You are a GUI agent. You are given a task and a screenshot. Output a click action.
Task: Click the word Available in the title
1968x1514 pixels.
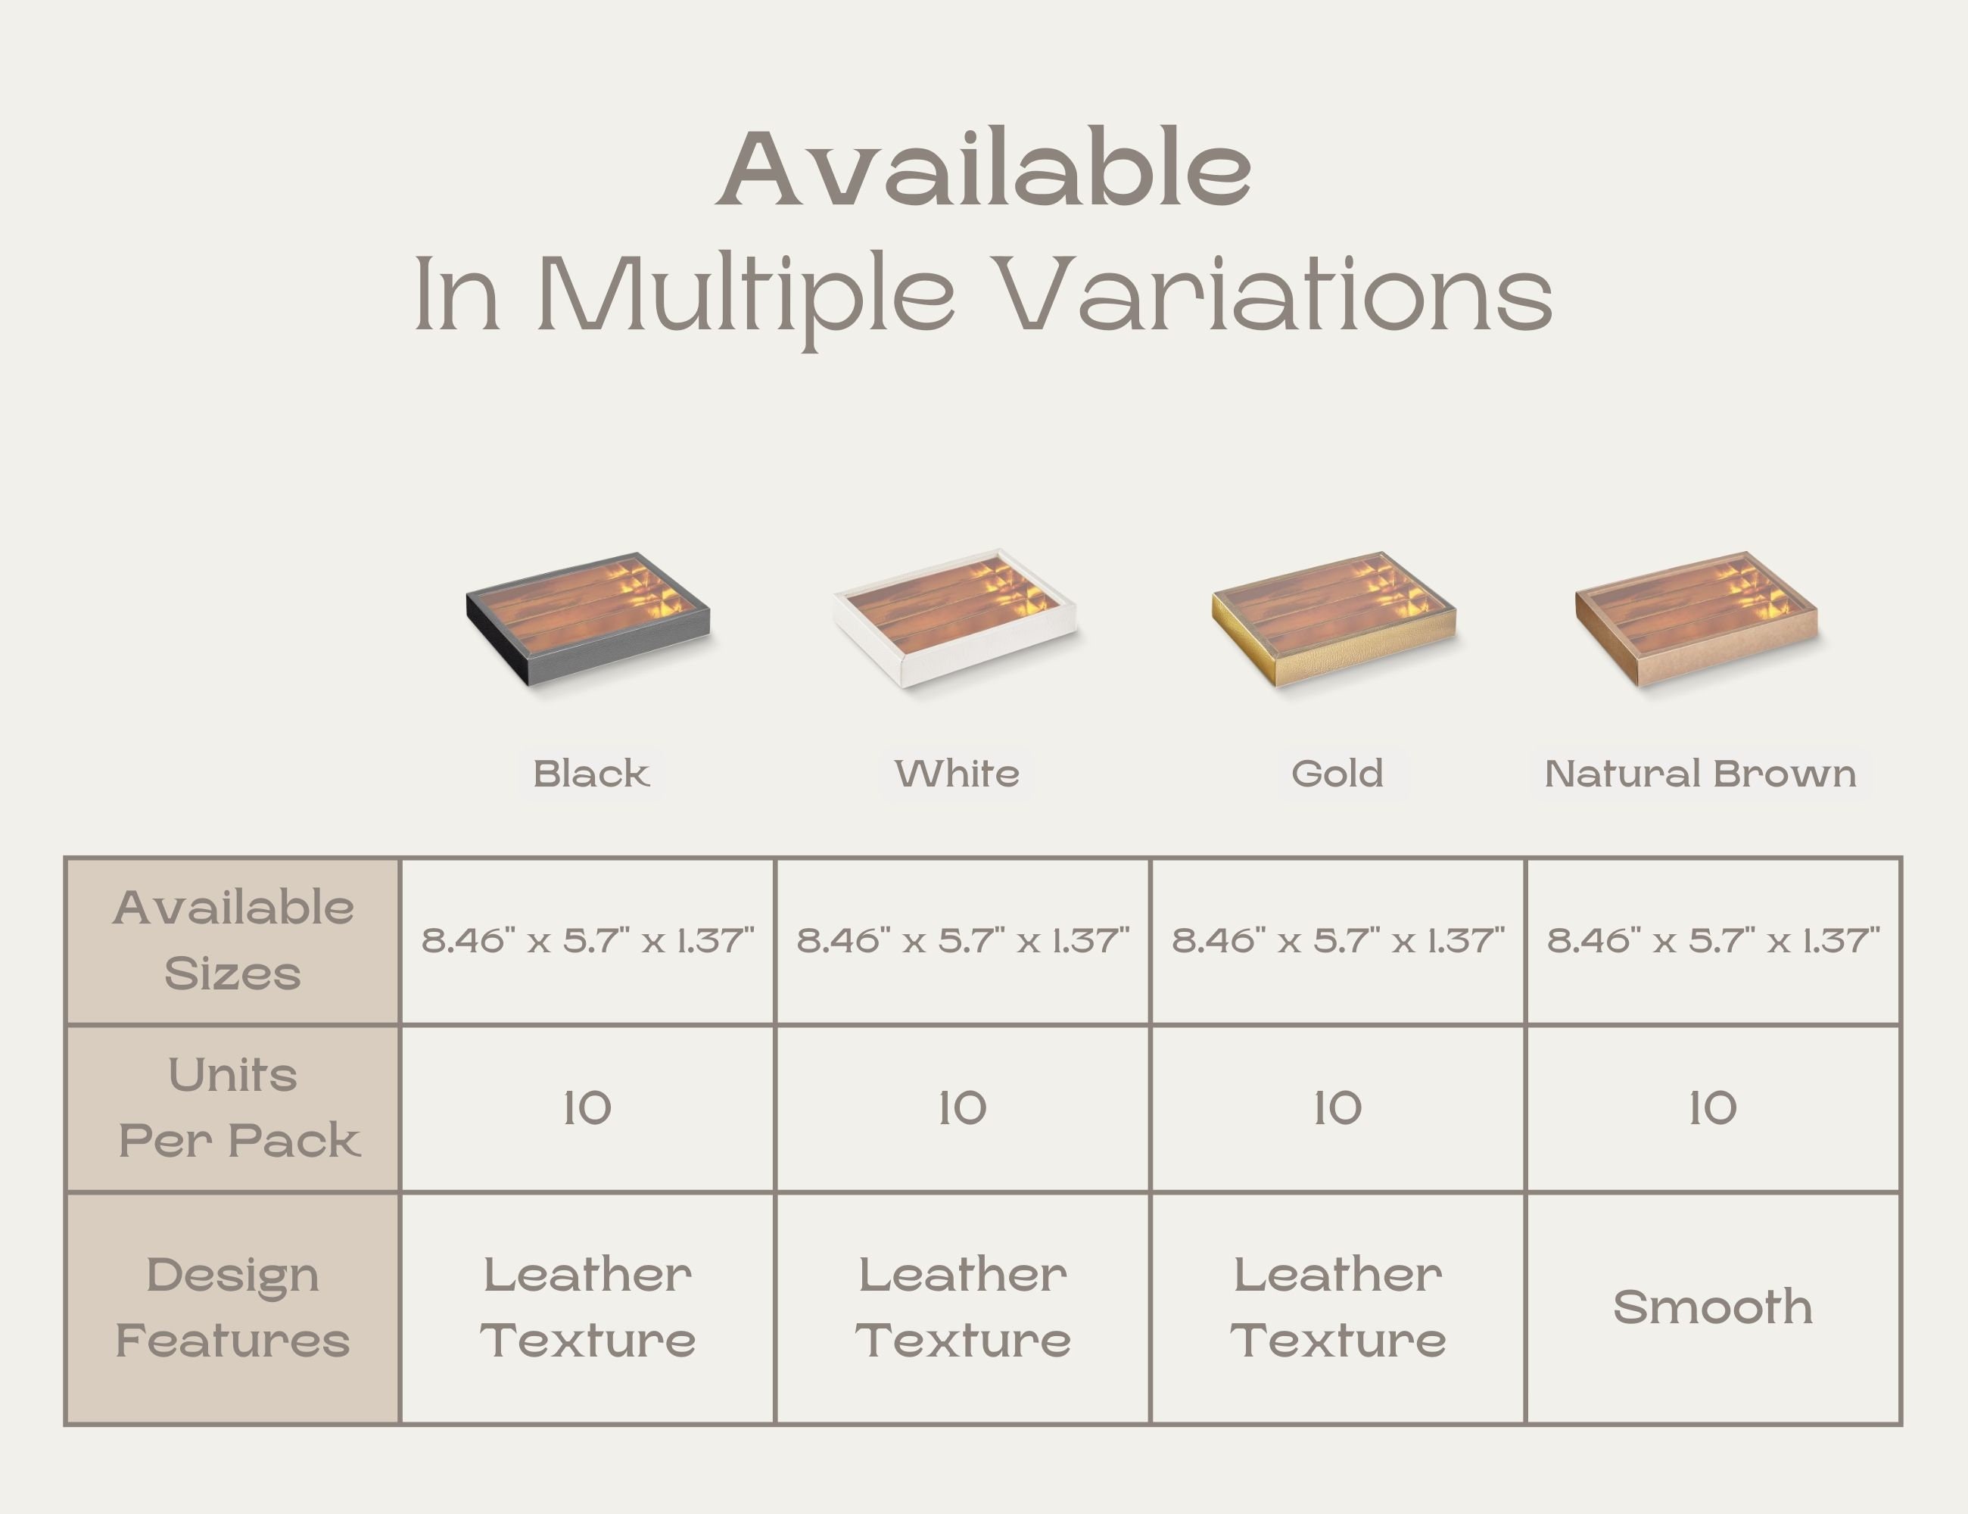(984, 169)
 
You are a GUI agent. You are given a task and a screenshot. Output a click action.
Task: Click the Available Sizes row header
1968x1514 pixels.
(232, 941)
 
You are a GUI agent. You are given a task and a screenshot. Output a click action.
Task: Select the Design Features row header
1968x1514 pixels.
(232, 1307)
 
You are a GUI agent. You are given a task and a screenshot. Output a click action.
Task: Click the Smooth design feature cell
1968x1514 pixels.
(1713, 1307)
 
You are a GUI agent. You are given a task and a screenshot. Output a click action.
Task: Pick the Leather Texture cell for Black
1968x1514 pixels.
(587, 1307)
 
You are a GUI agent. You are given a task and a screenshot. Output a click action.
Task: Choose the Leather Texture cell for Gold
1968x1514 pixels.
(1338, 1307)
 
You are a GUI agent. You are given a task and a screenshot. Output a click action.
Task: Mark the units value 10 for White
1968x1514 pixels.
(962, 1107)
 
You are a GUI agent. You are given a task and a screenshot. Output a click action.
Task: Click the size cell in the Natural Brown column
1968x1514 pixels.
(1713, 941)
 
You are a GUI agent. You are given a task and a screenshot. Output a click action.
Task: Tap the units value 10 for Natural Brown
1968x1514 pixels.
(1713, 1107)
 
